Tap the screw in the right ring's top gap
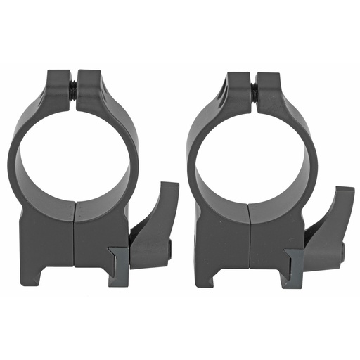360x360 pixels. point(252,89)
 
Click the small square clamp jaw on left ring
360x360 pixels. point(118,264)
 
